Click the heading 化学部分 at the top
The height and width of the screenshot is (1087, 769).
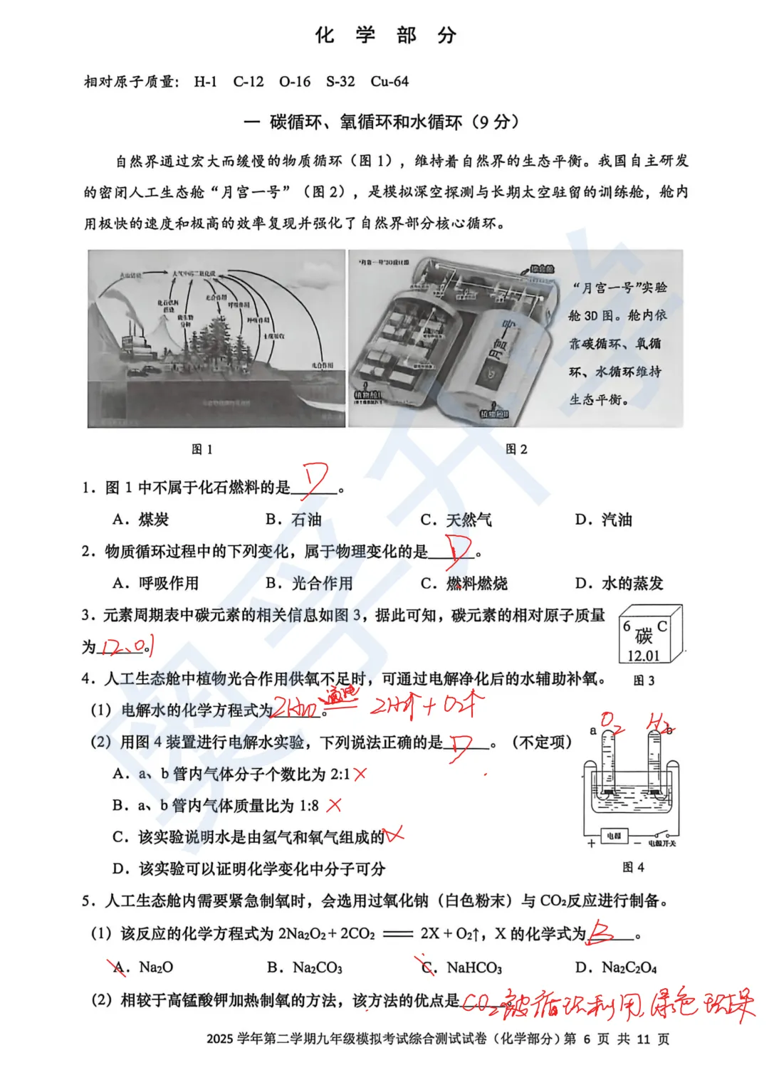[385, 36]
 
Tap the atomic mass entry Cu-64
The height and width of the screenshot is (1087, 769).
[389, 82]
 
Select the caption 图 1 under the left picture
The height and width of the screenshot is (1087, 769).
[202, 449]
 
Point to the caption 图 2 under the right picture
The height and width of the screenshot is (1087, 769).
[516, 449]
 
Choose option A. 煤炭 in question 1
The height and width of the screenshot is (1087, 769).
[141, 520]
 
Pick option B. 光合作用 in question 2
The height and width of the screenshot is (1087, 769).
[310, 584]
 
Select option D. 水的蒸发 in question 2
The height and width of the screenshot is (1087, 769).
[619, 584]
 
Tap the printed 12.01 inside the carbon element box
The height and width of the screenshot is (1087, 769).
[643, 656]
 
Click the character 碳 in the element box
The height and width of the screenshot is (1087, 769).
[644, 635]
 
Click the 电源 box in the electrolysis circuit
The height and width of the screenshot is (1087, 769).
[614, 836]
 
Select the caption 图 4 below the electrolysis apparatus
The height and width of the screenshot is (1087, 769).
[633, 867]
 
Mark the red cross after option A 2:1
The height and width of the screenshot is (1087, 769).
[360, 774]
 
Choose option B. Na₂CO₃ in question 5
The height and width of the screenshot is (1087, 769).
[305, 967]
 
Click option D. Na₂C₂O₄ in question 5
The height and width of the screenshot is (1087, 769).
[616, 967]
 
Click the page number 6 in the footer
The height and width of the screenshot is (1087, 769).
[587, 1039]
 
